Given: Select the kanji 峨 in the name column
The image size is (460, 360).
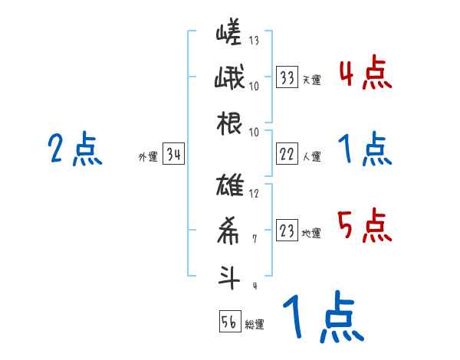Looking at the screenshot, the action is pyautogui.click(x=230, y=79).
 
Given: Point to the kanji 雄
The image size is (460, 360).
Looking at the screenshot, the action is pyautogui.click(x=230, y=187).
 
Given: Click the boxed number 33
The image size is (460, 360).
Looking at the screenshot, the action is pyautogui.click(x=287, y=77).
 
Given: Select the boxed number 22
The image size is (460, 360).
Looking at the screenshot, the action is pyautogui.click(x=287, y=154).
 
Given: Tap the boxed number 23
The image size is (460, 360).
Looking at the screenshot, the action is pyautogui.click(x=287, y=231).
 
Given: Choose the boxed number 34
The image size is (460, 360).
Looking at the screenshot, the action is pyautogui.click(x=173, y=155).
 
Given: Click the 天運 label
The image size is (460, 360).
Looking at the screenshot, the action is pyautogui.click(x=311, y=80).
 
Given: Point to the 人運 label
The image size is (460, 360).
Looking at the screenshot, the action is pyautogui.click(x=311, y=156).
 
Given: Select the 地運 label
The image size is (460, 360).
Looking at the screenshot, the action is pyautogui.click(x=311, y=233).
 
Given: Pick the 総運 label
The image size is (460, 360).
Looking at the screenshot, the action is pyautogui.click(x=255, y=324).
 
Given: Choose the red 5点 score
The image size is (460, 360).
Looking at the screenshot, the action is pyautogui.click(x=365, y=225).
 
